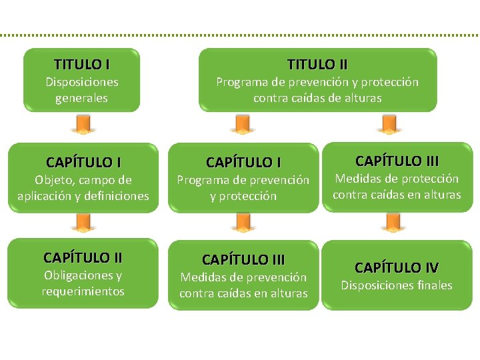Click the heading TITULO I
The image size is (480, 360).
[82, 65]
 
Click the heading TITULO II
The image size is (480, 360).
[317, 65]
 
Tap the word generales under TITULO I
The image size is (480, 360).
[82, 98]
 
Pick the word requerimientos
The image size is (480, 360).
[83, 291]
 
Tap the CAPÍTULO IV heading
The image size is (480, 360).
[397, 268]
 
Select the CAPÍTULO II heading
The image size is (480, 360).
[83, 257]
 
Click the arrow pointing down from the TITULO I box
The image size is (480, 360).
[83, 125]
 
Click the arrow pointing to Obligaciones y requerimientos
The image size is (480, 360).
[83, 223]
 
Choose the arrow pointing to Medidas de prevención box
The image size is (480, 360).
[243, 223]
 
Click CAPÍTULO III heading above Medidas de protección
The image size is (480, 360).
[397, 161]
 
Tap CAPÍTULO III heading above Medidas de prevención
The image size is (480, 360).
[243, 259]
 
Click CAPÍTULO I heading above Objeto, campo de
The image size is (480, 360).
[83, 162]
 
